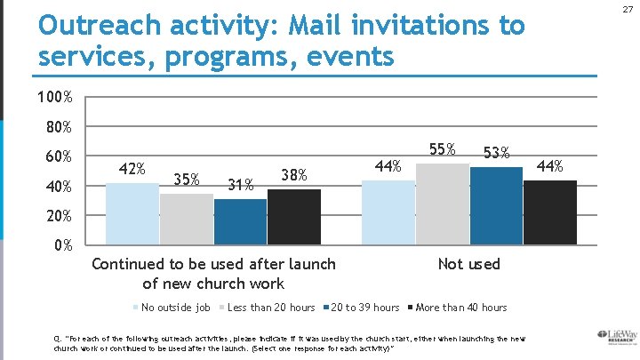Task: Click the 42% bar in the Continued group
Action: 132,213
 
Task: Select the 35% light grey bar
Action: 187,219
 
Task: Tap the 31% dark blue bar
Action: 240,221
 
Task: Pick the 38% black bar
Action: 294,216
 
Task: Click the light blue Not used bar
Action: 388,212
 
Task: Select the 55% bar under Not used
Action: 443,204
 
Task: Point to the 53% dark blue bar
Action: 496,205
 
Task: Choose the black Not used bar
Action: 550,212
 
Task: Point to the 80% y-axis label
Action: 59,127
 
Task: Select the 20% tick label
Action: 59,217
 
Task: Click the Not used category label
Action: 469,264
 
